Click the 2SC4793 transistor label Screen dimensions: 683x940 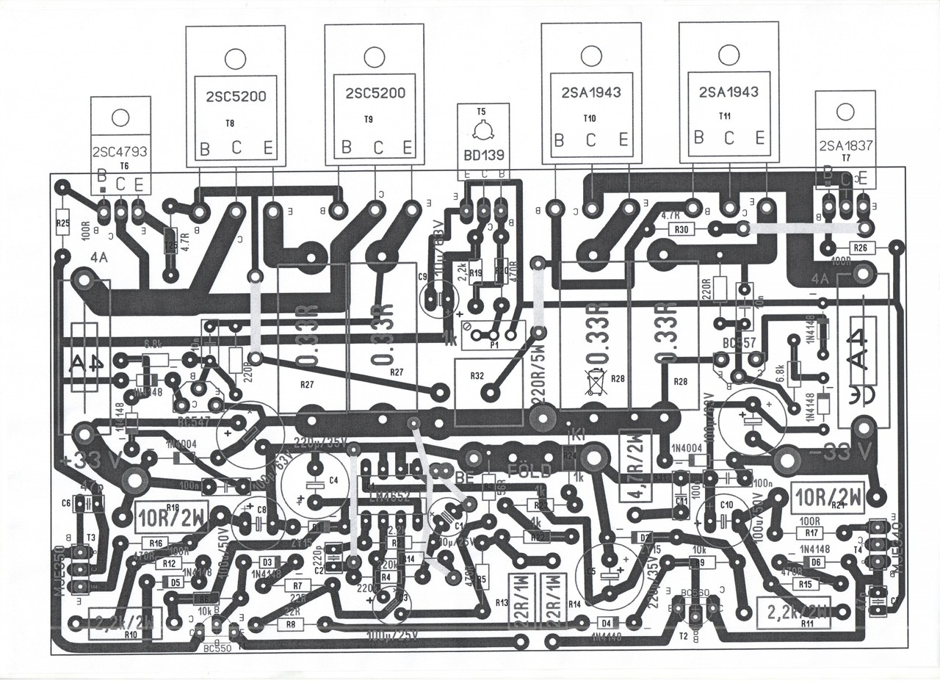(120, 152)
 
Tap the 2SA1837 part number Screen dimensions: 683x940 (844, 145)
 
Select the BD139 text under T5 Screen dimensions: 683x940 (480, 156)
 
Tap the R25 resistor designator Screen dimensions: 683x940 (62, 223)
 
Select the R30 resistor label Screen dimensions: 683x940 (682, 229)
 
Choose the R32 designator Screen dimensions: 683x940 (477, 375)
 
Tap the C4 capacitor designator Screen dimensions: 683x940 (333, 480)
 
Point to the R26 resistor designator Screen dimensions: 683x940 (860, 247)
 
